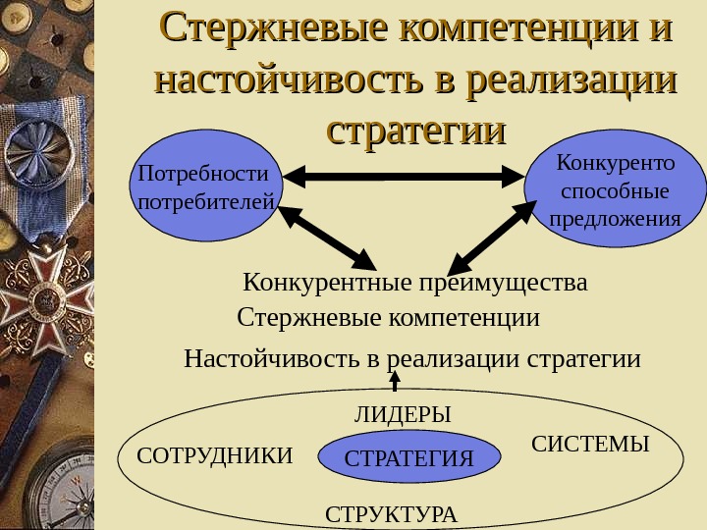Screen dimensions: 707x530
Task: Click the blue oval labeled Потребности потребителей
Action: point(205,187)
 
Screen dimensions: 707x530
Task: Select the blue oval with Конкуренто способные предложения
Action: point(616,187)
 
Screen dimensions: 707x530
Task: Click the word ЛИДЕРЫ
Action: point(403,415)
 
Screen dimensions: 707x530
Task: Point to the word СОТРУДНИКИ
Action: point(214,455)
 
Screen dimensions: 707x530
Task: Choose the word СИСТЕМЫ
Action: point(590,445)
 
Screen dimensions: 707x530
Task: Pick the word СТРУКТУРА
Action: point(391,514)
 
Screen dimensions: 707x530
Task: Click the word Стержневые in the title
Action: point(272,28)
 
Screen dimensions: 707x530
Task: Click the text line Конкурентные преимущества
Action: point(414,284)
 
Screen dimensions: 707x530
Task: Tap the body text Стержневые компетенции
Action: point(389,318)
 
